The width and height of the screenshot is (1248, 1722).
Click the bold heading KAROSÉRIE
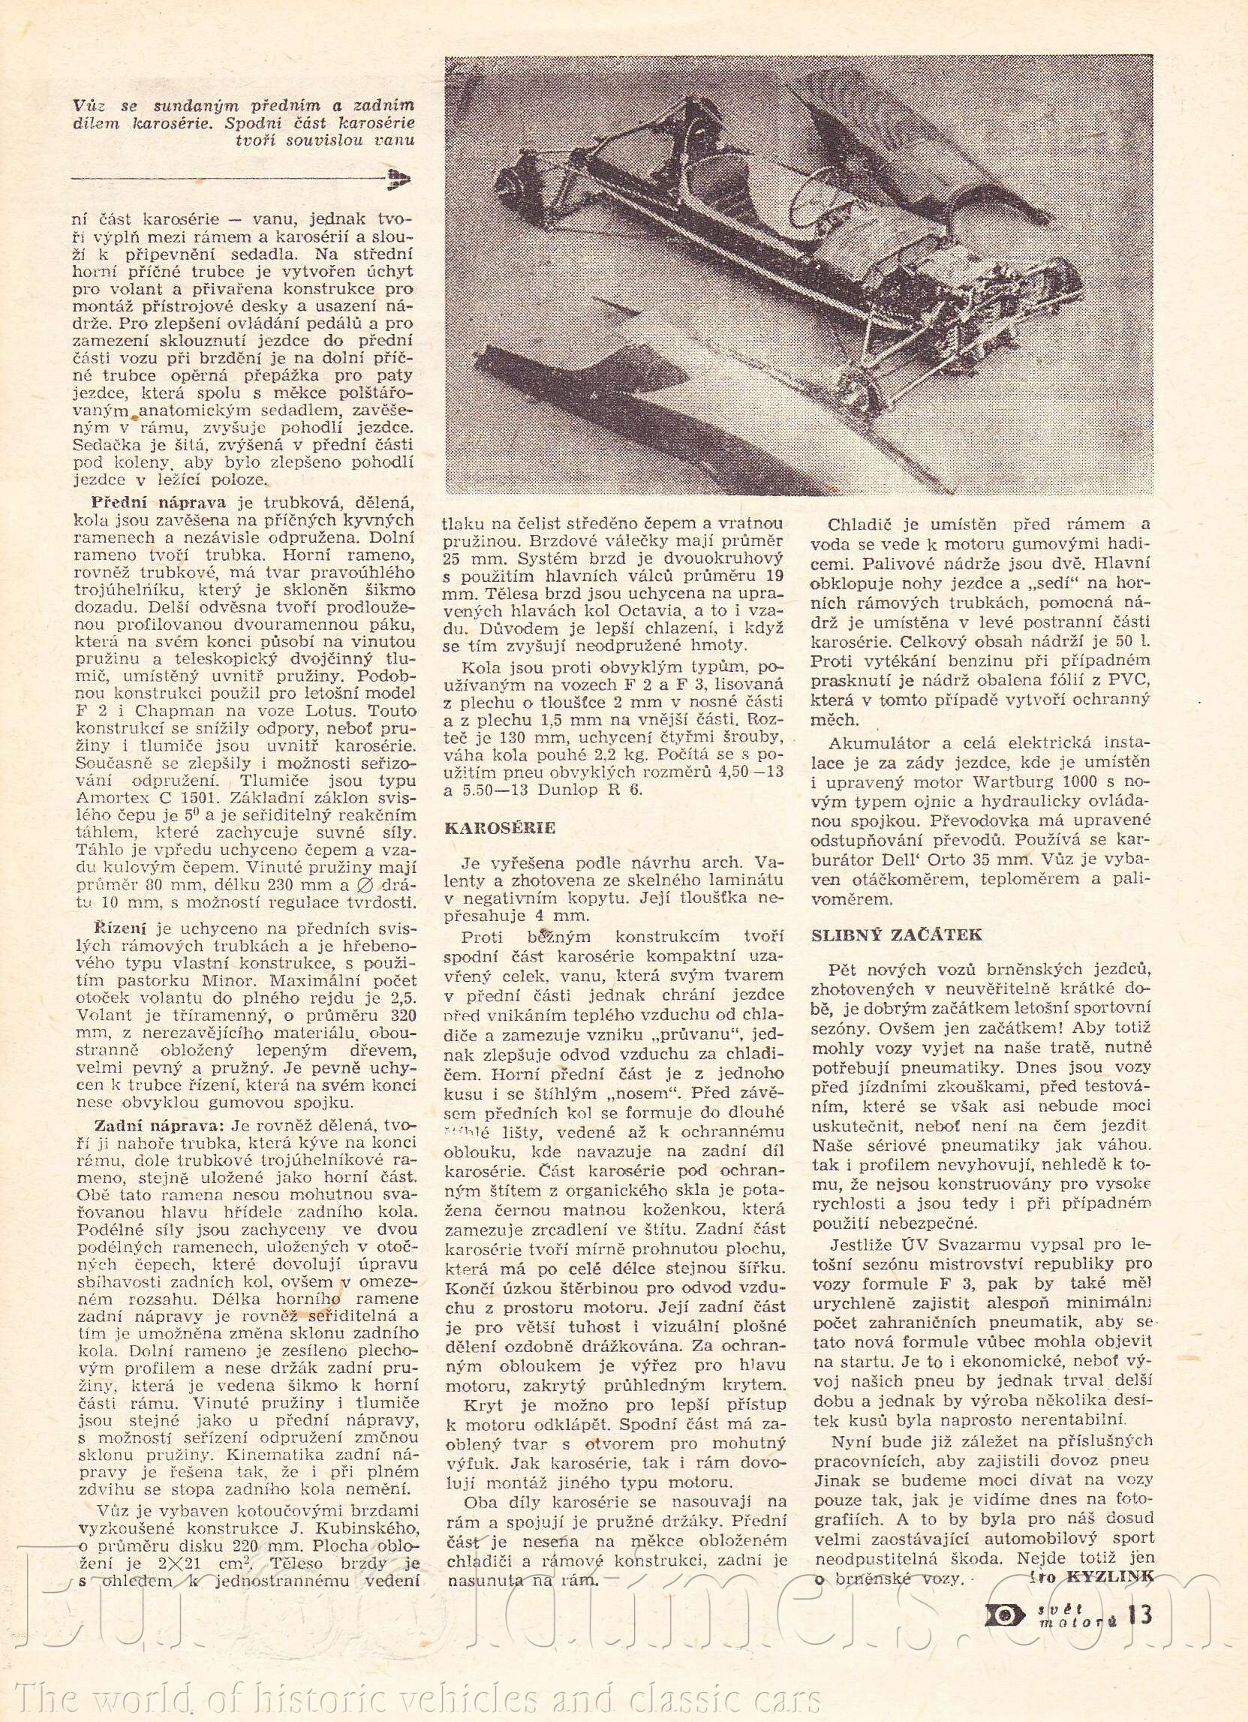(500, 827)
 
